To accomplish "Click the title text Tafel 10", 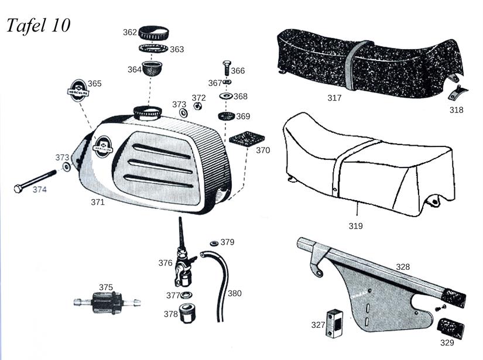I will (x=39, y=25).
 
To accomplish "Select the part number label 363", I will (x=177, y=50).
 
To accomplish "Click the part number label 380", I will (x=234, y=293).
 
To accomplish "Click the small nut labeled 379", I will (x=214, y=242).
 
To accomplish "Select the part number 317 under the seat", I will (x=334, y=98).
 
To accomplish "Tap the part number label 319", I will (x=355, y=225).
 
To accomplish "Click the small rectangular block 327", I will (x=334, y=321).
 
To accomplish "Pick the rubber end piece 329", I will (x=451, y=328).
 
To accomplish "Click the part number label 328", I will (x=403, y=266).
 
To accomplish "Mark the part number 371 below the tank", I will (x=97, y=202).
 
